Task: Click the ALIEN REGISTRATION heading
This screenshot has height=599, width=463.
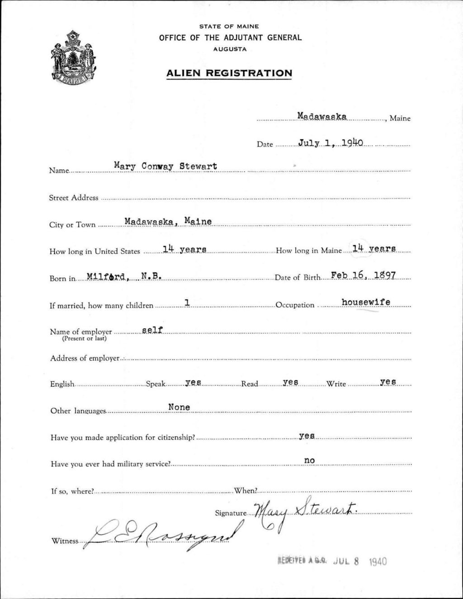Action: point(229,73)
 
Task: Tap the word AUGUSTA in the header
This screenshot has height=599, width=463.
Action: point(230,49)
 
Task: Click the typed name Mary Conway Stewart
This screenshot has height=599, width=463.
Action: point(165,166)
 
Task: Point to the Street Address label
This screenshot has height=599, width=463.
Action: point(74,198)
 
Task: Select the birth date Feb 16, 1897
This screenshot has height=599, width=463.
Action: point(364,275)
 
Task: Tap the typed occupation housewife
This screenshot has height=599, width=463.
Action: point(366,302)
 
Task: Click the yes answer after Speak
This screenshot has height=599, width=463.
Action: point(193,382)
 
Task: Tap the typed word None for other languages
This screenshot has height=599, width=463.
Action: point(179,407)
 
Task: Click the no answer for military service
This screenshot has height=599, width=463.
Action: point(309,461)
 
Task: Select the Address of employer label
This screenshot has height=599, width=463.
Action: point(85,358)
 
